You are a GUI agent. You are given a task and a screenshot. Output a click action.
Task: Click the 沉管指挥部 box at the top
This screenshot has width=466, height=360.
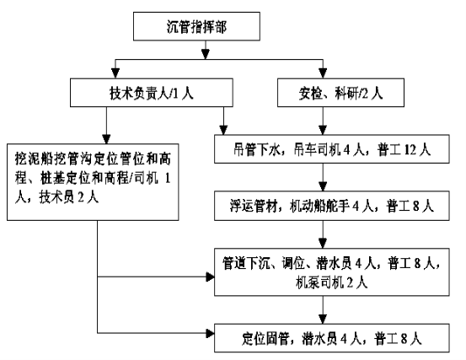coord(196,26)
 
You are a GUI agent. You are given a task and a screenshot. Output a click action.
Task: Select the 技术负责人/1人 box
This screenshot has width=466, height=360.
coord(152,93)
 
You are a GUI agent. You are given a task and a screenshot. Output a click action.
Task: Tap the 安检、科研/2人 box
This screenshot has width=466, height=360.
coord(340,93)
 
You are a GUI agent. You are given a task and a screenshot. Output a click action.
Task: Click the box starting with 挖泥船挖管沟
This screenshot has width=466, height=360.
coord(93,182)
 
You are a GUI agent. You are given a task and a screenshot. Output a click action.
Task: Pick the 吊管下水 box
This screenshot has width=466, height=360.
coord(332,149)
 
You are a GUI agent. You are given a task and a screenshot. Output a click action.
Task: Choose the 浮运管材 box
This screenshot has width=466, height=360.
coord(332,206)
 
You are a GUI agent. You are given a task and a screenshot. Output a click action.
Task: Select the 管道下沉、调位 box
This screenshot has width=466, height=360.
coord(332,272)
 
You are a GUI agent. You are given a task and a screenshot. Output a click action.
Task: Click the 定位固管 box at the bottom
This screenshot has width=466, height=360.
coord(332,338)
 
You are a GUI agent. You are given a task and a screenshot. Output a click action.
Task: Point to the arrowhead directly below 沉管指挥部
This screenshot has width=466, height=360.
coord(206,54)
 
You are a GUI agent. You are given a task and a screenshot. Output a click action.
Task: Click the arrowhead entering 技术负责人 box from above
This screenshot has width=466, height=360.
coord(115,73)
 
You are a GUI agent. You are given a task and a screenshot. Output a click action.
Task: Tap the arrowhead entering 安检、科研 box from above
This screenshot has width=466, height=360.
coord(323,73)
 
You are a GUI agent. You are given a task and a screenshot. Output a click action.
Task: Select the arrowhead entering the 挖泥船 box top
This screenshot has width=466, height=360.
coord(106,139)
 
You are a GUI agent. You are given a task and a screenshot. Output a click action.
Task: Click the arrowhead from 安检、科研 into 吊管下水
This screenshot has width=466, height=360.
coord(323,130)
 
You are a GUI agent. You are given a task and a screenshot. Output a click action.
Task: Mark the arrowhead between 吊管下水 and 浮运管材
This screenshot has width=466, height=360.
coord(323,186)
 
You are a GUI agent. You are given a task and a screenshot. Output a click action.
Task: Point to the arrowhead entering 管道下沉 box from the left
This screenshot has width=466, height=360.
coord(210,277)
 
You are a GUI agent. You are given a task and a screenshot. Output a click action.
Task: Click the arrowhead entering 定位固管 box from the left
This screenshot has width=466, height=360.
coord(210,333)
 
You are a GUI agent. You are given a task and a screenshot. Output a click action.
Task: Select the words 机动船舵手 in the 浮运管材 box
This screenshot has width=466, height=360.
coord(319,206)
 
